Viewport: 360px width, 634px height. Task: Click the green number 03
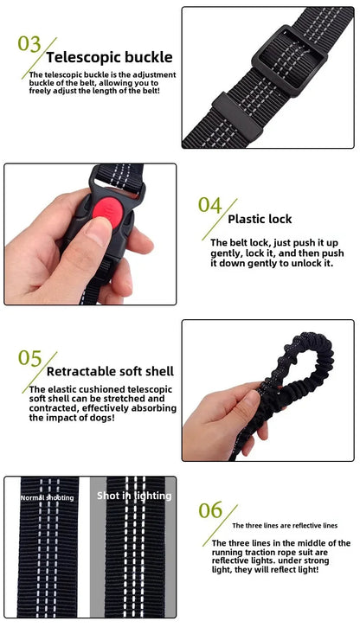point(29,44)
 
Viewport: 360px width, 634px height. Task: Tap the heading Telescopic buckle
point(109,58)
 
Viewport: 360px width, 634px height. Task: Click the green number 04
point(210,205)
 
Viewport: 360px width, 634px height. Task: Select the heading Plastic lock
point(260,219)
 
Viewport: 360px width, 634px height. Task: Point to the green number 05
point(30,358)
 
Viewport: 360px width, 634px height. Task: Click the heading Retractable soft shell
point(110,372)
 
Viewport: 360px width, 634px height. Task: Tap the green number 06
point(210,510)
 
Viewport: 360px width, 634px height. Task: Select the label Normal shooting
point(47,497)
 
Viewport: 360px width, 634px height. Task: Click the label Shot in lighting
point(134,496)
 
